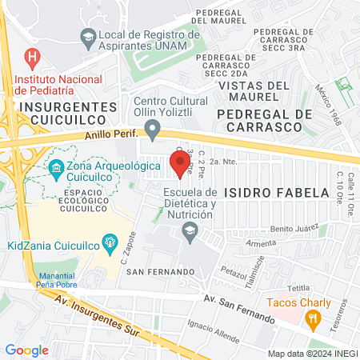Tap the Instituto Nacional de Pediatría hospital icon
(x=32, y=58)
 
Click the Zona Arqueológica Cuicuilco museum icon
(x=56, y=167)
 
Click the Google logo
(x=26, y=350)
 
